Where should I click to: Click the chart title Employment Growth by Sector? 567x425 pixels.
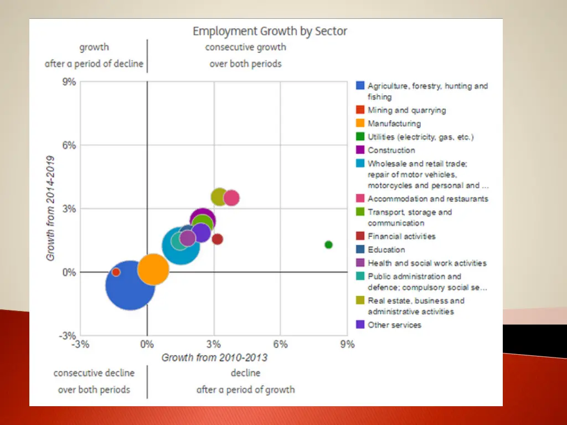(x=270, y=31)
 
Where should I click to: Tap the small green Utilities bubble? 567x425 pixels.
(x=328, y=245)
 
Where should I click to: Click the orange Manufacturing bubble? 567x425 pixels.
(x=153, y=269)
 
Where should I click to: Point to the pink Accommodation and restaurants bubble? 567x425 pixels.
(x=231, y=198)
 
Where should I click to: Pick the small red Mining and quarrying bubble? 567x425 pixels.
(x=116, y=272)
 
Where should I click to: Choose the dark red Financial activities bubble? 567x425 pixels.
(x=218, y=239)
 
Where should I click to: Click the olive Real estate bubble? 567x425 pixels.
(x=219, y=196)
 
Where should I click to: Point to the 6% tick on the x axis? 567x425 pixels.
(x=280, y=344)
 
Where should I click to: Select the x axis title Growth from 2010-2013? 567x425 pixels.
(x=214, y=357)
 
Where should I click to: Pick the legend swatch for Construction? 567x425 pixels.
(x=360, y=150)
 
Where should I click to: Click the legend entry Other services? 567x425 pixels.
(x=394, y=325)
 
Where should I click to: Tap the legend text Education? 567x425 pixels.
(x=386, y=250)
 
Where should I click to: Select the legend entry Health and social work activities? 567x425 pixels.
(x=427, y=263)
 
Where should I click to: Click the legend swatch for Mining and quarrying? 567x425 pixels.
(x=360, y=110)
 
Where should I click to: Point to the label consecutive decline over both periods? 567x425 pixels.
(x=94, y=381)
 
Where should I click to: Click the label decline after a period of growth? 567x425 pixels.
(x=245, y=381)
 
